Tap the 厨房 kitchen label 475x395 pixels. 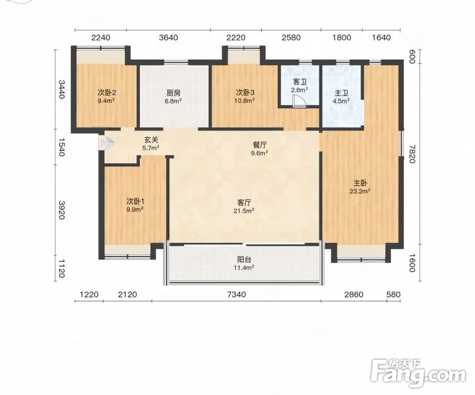(x=173, y=93)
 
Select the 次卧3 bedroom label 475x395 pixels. (x=245, y=92)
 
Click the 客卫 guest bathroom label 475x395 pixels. (x=300, y=82)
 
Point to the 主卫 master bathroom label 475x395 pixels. (x=341, y=93)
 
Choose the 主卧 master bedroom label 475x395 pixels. (x=360, y=183)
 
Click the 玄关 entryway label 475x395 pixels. (x=151, y=140)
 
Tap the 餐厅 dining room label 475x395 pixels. (x=259, y=145)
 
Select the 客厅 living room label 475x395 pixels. (x=244, y=202)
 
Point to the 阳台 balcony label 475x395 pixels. (x=244, y=259)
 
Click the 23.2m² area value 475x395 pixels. (x=360, y=191)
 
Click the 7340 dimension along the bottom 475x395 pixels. (x=236, y=294)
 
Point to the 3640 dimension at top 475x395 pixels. (x=168, y=38)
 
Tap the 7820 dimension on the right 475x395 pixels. (x=411, y=154)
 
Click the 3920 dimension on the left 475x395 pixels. (x=62, y=210)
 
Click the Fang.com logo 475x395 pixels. (x=419, y=373)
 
